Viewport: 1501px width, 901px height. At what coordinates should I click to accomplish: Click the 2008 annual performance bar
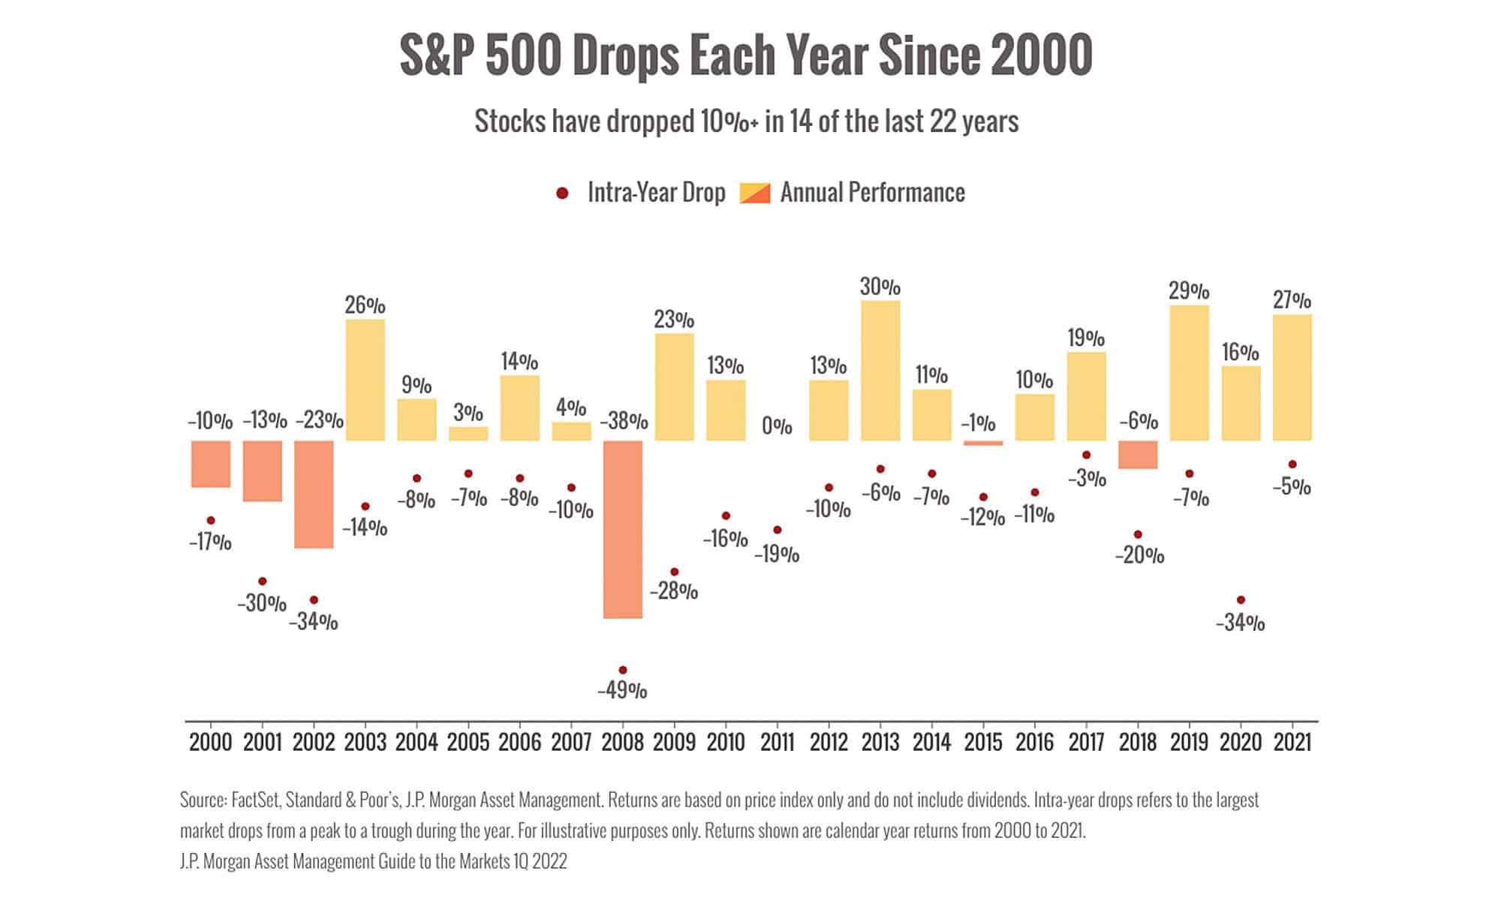(x=623, y=529)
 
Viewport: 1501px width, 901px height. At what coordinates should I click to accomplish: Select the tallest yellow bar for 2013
(x=880, y=370)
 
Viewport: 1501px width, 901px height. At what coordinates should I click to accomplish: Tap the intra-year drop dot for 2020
(x=1241, y=600)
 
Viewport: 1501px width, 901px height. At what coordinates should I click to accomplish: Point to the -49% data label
(x=622, y=690)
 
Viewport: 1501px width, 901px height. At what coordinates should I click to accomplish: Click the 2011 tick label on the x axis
(x=778, y=743)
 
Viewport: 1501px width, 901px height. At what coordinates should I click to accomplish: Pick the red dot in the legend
(x=562, y=194)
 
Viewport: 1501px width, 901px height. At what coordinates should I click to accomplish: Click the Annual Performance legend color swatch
(x=755, y=193)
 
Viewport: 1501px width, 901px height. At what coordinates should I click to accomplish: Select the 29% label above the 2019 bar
(x=1189, y=290)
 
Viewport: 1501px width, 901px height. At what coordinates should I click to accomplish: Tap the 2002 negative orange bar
(x=314, y=494)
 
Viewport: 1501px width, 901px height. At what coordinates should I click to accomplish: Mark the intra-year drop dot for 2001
(x=262, y=581)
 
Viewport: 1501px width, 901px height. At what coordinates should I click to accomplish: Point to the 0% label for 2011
(x=777, y=426)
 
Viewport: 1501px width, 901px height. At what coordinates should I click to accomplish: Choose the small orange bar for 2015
(x=983, y=443)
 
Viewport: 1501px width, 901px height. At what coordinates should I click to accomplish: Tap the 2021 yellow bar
(x=1292, y=377)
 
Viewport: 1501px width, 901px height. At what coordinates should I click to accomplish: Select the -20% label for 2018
(x=1139, y=556)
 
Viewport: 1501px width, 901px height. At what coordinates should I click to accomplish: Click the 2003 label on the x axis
(x=365, y=743)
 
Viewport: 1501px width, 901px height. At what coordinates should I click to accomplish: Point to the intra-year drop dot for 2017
(x=1086, y=455)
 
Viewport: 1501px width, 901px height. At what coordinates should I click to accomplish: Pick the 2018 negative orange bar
(x=1138, y=454)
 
